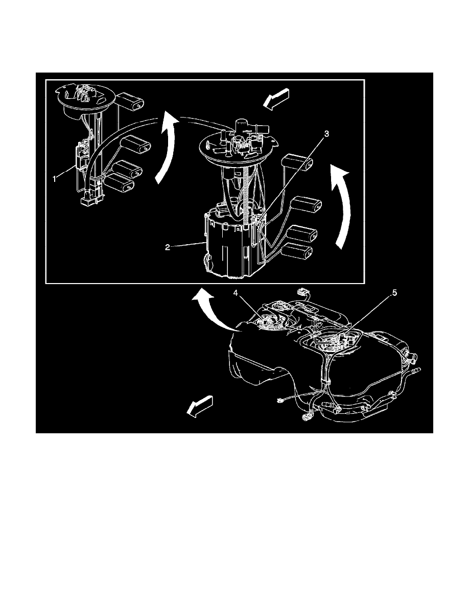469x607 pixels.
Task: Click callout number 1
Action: point(55,179)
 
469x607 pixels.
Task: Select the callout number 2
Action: point(168,247)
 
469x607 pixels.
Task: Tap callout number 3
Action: point(326,134)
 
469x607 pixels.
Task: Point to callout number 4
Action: point(236,294)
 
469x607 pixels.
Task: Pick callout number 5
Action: point(395,293)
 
